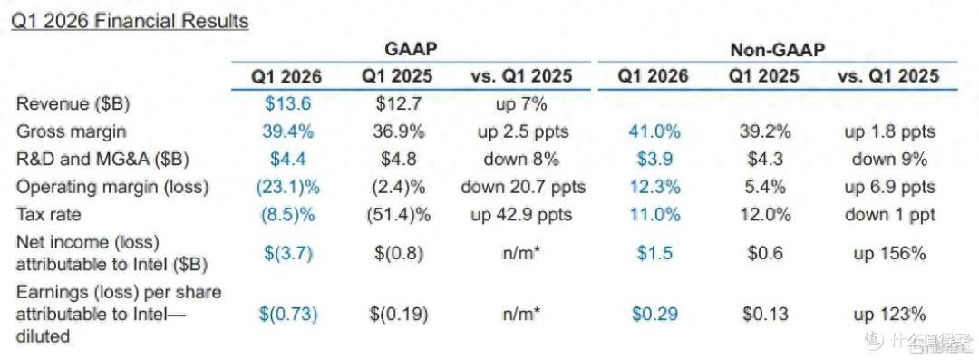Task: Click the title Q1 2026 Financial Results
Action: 131,21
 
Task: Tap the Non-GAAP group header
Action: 778,49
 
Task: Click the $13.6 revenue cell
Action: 287,103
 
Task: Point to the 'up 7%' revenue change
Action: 520,103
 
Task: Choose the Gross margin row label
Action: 72,131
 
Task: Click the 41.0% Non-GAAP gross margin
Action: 654,131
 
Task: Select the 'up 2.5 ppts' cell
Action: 520,131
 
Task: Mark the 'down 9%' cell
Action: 890,159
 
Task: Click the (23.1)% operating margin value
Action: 287,187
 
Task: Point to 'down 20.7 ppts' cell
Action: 523,187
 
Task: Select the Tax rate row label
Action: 48,214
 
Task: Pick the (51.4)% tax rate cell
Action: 399,214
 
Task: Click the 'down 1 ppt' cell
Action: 890,214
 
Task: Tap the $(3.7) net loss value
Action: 287,253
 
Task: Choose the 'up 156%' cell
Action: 890,253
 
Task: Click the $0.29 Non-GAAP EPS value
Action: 654,314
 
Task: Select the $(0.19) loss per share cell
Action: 399,314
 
